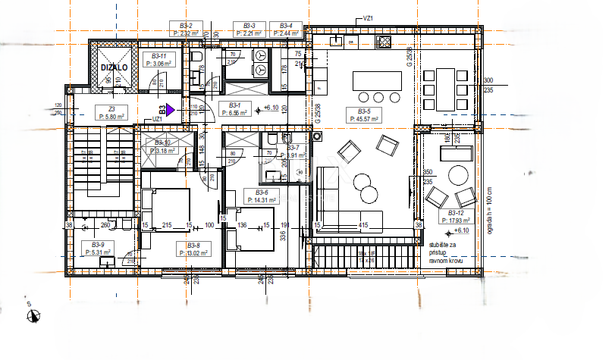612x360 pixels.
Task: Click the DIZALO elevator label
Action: click(x=114, y=67)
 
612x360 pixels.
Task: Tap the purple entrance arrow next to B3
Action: click(x=171, y=110)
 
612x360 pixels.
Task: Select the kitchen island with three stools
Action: click(x=376, y=80)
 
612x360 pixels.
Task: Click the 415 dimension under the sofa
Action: click(x=364, y=225)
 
